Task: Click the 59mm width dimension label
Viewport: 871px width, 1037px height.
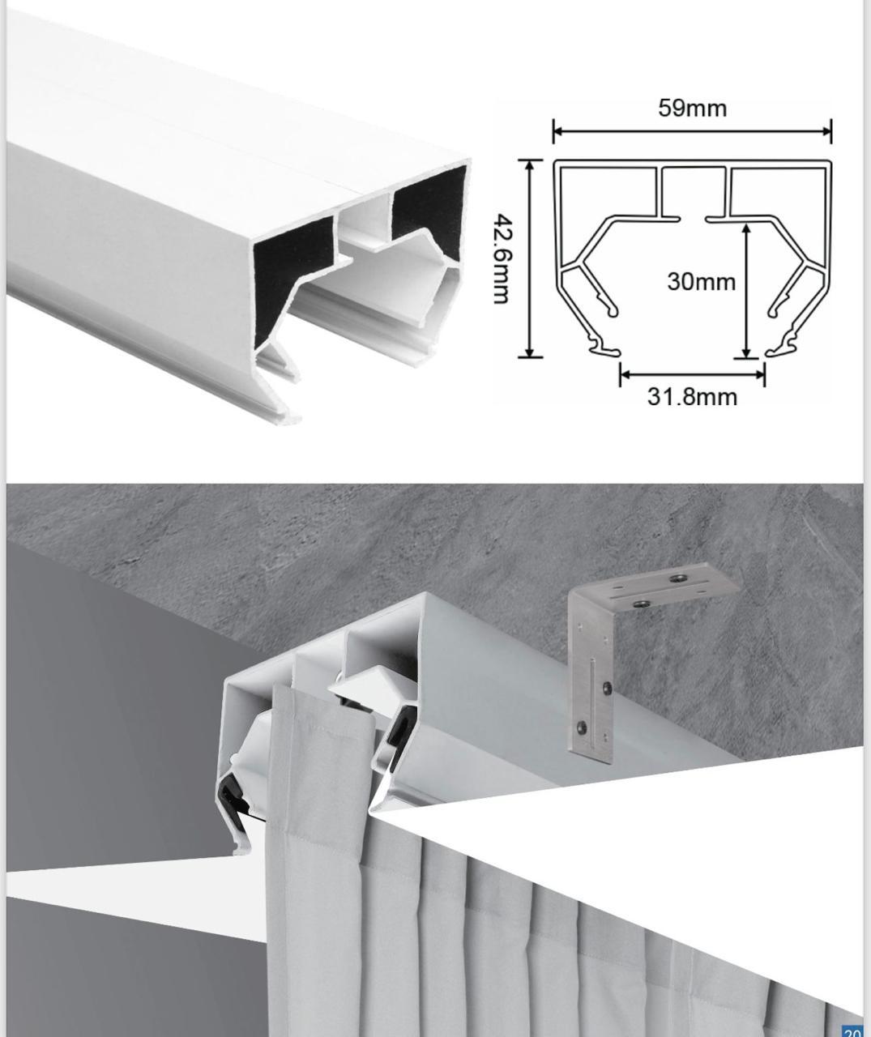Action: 692,109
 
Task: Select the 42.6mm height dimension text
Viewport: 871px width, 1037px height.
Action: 503,258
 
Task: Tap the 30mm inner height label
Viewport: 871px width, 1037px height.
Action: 702,282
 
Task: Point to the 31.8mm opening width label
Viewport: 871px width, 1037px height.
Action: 692,397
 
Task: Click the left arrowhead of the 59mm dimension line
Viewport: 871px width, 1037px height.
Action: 557,131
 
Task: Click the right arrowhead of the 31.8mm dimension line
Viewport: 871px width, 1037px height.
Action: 760,374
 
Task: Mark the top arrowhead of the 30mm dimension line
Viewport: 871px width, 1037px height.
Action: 746,229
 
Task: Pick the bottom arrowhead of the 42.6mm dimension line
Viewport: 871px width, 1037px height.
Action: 530,352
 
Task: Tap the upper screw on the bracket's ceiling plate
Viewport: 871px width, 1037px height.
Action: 677,578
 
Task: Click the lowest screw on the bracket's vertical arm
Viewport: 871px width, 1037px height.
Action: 583,728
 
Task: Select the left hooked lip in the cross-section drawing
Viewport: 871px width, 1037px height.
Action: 606,348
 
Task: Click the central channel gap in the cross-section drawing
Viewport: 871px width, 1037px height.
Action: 693,218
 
